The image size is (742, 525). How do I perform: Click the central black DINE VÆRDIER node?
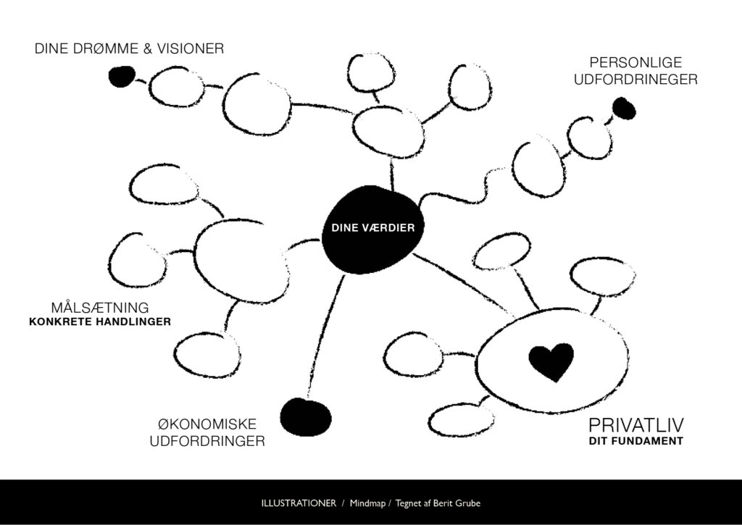372,230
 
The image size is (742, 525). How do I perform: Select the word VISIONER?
191,49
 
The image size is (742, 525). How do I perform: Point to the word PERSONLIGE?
635,63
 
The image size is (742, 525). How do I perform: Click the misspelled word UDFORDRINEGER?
635,80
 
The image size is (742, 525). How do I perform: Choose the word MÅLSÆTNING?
100,306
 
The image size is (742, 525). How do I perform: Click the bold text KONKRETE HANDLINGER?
100,322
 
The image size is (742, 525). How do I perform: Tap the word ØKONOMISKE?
207,424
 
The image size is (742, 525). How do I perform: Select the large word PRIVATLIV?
637,424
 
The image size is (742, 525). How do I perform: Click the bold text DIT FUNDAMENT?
635,440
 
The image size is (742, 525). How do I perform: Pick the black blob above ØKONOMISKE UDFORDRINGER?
305,416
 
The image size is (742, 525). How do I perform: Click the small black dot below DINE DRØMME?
121,76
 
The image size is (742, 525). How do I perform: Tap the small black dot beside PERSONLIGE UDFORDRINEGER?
623,109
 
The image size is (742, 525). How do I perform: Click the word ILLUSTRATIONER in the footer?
299,503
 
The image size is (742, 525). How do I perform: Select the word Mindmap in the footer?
370,503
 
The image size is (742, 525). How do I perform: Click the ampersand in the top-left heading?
145,49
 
